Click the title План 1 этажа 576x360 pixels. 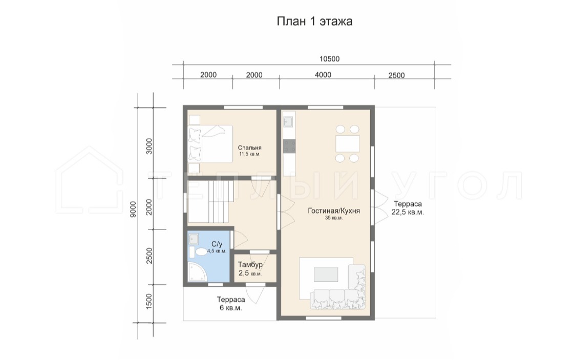(314, 22)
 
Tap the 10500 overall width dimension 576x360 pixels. (330, 59)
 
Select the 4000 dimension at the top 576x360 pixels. (323, 75)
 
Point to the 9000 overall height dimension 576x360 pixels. (133, 209)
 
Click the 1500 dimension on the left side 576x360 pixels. (149, 301)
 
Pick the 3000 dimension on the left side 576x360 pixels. (149, 146)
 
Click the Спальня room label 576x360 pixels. (249, 147)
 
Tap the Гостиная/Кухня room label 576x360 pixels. (333, 211)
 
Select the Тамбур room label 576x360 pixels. (250, 264)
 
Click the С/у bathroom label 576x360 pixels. (217, 244)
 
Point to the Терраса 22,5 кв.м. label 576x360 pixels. (408, 208)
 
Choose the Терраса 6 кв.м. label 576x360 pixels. (231, 304)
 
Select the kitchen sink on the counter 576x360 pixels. (288, 121)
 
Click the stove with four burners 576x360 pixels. (289, 146)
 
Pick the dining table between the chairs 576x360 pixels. (347, 143)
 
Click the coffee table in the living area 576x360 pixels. (326, 274)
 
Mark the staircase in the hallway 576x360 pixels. (210, 201)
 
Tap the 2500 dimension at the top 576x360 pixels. (396, 75)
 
